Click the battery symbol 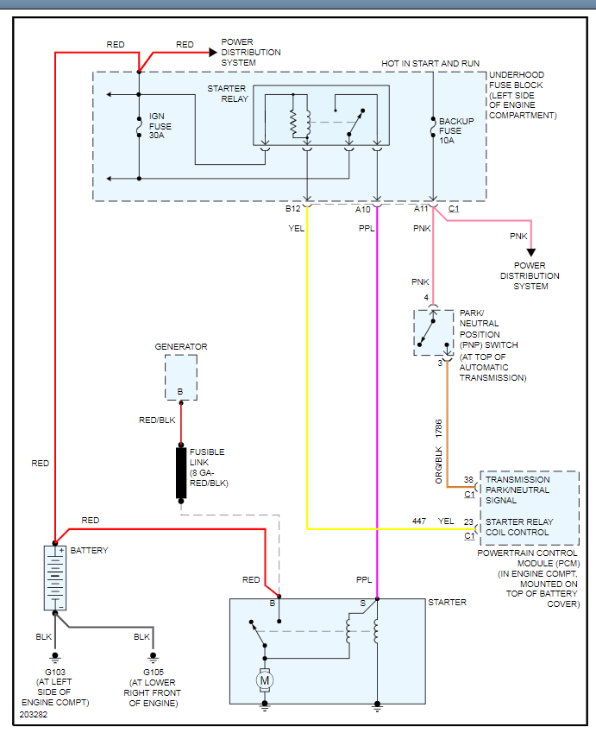tap(54, 578)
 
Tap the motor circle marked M tap(264, 681)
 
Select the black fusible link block tap(181, 473)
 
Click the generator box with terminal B tap(181, 377)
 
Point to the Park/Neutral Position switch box tap(433, 332)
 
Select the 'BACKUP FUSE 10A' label tap(456, 130)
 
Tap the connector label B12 tap(293, 209)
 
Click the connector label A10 tap(363, 209)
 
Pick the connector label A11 tap(421, 209)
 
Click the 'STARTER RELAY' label tap(228, 93)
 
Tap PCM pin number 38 tap(468, 479)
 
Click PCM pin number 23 tap(468, 521)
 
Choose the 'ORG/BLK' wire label tap(438, 464)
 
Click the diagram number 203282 tap(35, 715)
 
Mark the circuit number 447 tap(419, 521)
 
